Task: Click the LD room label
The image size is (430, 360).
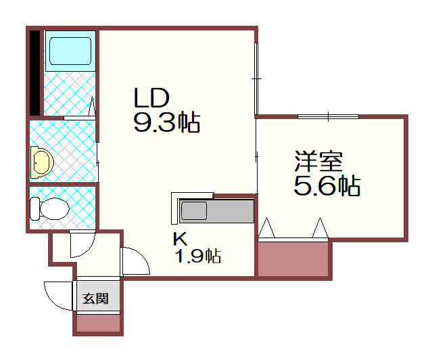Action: [150, 99]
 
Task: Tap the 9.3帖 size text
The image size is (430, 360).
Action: [166, 122]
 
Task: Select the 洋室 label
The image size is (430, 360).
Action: [318, 162]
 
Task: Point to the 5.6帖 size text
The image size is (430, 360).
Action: [326, 185]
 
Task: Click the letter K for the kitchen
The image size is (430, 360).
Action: [179, 239]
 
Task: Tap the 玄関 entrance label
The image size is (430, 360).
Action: [96, 298]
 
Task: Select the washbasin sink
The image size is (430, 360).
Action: [42, 162]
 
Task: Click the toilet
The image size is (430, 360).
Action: [51, 208]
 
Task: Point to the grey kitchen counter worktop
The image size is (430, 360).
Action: [233, 210]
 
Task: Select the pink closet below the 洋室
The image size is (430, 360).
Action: [293, 260]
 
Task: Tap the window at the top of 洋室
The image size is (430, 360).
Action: [329, 117]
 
